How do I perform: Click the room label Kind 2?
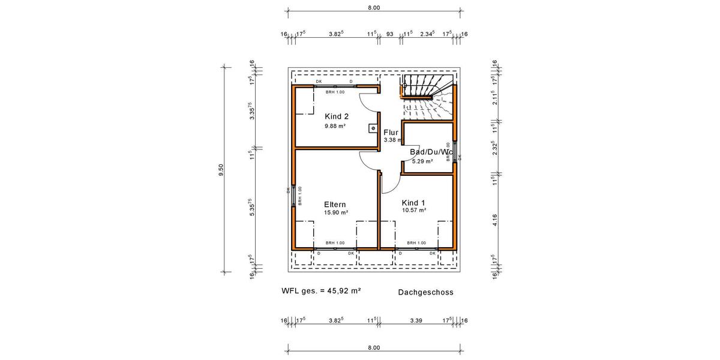(x=336, y=116)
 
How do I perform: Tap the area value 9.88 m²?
(x=335, y=126)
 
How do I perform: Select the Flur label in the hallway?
(x=391, y=132)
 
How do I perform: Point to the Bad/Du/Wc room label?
(x=430, y=152)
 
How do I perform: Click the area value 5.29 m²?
(x=422, y=161)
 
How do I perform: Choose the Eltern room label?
(x=335, y=204)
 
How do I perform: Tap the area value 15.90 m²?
(x=336, y=212)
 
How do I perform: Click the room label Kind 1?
(x=413, y=202)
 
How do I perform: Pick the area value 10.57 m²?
(x=414, y=211)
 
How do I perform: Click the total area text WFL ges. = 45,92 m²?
(x=321, y=290)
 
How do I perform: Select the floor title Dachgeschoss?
(x=425, y=293)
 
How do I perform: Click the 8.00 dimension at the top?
(x=373, y=8)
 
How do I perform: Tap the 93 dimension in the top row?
(x=389, y=34)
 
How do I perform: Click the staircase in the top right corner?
(x=427, y=96)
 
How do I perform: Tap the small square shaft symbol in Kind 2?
(x=372, y=127)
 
